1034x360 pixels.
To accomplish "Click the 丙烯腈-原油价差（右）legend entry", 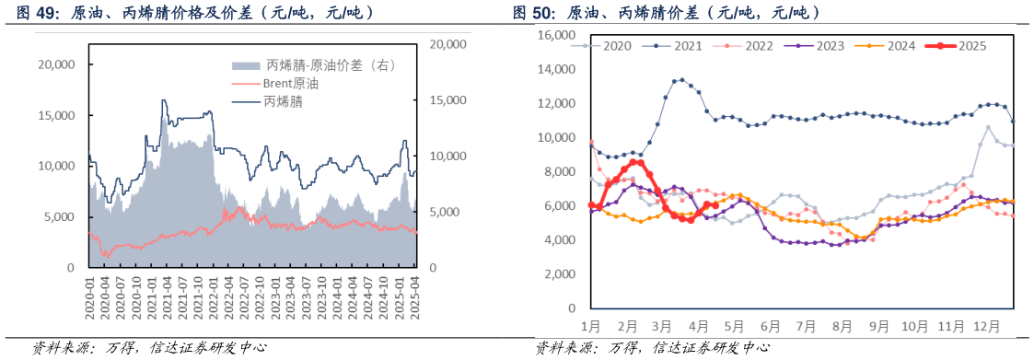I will pos(329,64).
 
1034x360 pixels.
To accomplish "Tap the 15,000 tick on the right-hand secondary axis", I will pos(448,100).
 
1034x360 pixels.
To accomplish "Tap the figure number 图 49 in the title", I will pos(34,13).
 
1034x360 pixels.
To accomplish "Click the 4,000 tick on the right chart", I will pos(559,240).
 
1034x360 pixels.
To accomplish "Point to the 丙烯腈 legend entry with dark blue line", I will pos(283,101).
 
